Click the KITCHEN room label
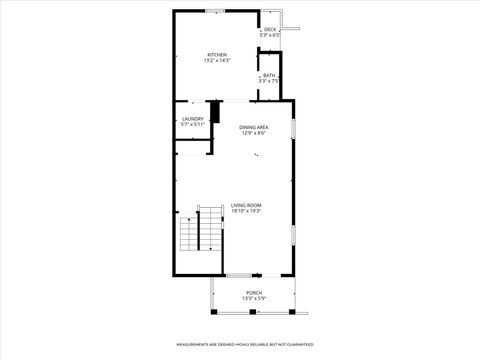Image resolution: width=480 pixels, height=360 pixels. pos(216,54)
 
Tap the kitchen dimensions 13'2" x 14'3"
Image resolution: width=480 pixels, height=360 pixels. pos(216,61)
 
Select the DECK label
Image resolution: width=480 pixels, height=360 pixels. pos(270,30)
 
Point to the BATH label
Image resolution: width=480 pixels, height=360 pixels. pos(269,76)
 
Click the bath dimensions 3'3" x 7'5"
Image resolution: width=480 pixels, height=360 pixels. pos(269,82)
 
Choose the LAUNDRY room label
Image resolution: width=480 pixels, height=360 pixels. pos(193,119)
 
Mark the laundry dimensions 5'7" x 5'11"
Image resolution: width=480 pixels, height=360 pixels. pos(193,125)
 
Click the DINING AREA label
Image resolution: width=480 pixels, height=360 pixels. pos(253,127)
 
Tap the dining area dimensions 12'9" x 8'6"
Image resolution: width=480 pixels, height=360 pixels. pos(253,133)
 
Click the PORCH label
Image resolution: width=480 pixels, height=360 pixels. pos(254,292)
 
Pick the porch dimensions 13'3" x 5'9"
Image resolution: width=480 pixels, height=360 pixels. pos(254,298)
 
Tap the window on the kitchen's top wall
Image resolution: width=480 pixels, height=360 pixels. pos(214,11)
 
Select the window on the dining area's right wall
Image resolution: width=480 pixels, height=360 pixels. pos(293,129)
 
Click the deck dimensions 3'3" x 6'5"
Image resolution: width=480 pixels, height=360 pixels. pos(270,36)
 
